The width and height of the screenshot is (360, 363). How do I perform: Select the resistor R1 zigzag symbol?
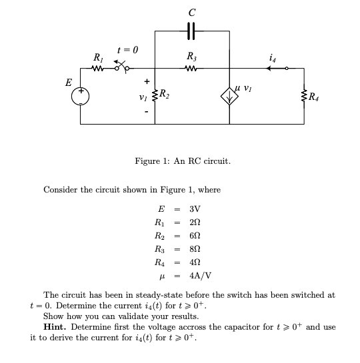coord(98,67)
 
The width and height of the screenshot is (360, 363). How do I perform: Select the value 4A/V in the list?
coord(200,274)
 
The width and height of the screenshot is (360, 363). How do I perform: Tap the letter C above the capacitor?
coord(192,10)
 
